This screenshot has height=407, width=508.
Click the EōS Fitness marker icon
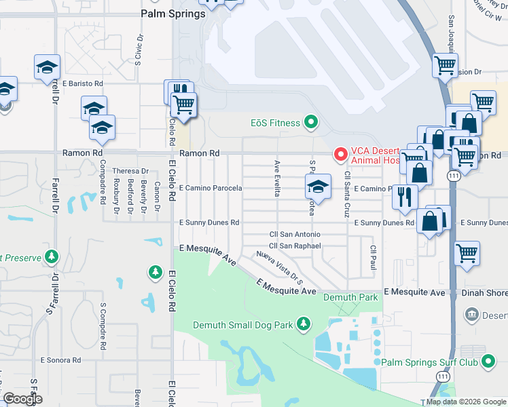311,123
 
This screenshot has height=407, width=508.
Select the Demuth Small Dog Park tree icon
305,325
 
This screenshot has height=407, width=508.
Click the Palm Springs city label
173,14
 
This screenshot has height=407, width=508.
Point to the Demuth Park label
350,297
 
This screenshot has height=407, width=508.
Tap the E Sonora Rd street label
60,360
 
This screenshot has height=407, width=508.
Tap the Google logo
22,399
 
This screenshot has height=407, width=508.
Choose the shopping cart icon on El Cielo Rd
183,105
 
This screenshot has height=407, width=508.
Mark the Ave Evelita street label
276,178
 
